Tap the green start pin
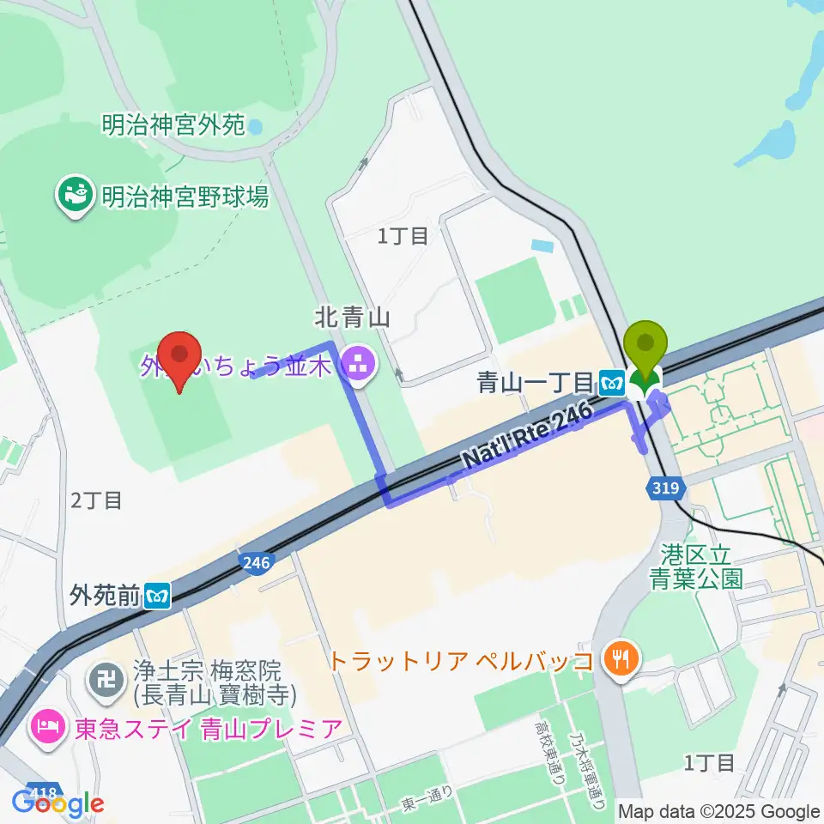648,352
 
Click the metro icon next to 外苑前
156,595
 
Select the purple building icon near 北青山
355,367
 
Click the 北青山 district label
353,318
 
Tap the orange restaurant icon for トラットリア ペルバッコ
618,659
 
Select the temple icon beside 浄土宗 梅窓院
108,680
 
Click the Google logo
58,803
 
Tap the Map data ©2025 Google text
719,811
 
